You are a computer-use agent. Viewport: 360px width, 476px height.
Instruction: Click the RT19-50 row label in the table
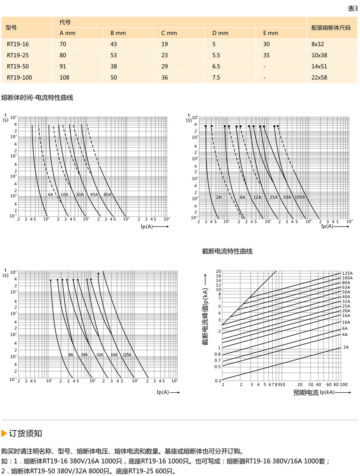coord(18,66)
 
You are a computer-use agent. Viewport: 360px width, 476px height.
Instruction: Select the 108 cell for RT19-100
coord(64,78)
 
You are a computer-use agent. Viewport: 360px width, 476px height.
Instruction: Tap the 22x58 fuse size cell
coord(319,78)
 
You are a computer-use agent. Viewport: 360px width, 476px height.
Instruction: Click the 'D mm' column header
coord(220,33)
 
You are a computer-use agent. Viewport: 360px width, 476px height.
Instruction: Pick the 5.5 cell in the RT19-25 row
coord(216,55)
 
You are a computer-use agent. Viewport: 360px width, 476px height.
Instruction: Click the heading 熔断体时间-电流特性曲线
coord(37,98)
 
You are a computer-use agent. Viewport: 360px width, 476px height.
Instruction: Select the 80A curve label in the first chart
coord(108,195)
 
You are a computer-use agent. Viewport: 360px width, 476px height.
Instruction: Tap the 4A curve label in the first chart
coord(50,195)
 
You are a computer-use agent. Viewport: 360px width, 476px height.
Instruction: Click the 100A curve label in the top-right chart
coord(300,197)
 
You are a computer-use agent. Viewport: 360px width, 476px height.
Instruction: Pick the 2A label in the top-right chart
coord(218,197)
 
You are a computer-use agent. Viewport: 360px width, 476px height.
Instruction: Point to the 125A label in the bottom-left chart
coord(127,355)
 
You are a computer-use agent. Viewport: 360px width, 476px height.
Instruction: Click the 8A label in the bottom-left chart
coord(71,355)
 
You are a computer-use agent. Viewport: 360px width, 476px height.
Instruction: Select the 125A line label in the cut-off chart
coord(347,273)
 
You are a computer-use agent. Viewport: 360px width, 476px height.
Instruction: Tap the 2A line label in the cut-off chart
coord(346,347)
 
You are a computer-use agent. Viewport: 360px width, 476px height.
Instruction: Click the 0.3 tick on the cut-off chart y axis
coord(218,380)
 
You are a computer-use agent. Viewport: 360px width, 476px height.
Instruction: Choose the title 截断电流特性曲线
coord(227,251)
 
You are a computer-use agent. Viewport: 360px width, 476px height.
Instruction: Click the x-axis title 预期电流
coord(306,393)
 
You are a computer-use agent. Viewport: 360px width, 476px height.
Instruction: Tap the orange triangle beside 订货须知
coord(4,433)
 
